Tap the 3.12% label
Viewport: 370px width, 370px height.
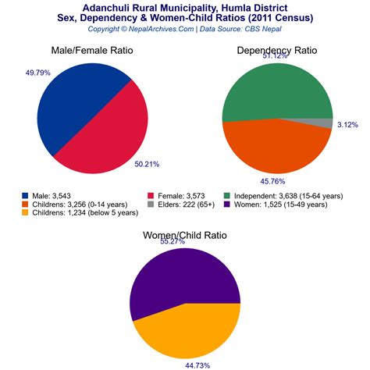(x=347, y=125)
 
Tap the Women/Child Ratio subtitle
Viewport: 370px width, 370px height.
(x=185, y=235)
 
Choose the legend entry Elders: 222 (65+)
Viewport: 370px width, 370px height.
(x=190, y=205)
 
